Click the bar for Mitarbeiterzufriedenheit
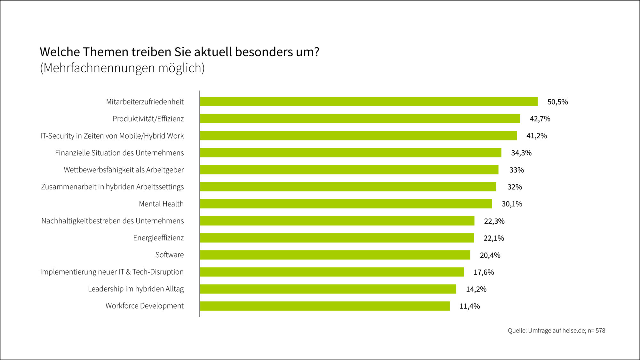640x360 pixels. [368, 101]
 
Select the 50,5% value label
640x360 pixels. [557, 102]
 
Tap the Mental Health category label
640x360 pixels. [161, 204]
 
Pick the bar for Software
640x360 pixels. [335, 255]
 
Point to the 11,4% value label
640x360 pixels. [469, 306]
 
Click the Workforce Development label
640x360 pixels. [144, 306]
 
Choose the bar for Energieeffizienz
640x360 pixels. [337, 238]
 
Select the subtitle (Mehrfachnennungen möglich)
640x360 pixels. [122, 68]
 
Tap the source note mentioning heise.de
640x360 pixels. [556, 331]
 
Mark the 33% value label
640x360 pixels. [516, 170]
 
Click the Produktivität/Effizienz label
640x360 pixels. [148, 119]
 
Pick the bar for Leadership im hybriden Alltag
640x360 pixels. [328, 289]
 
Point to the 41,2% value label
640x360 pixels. [536, 136]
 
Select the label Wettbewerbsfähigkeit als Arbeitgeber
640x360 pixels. [124, 170]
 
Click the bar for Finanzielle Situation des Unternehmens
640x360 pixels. [350, 153]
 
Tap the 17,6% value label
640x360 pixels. [484, 272]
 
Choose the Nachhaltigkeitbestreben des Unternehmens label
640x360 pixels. [112, 221]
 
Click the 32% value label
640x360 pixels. [514, 187]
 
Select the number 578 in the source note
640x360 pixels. [600, 331]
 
